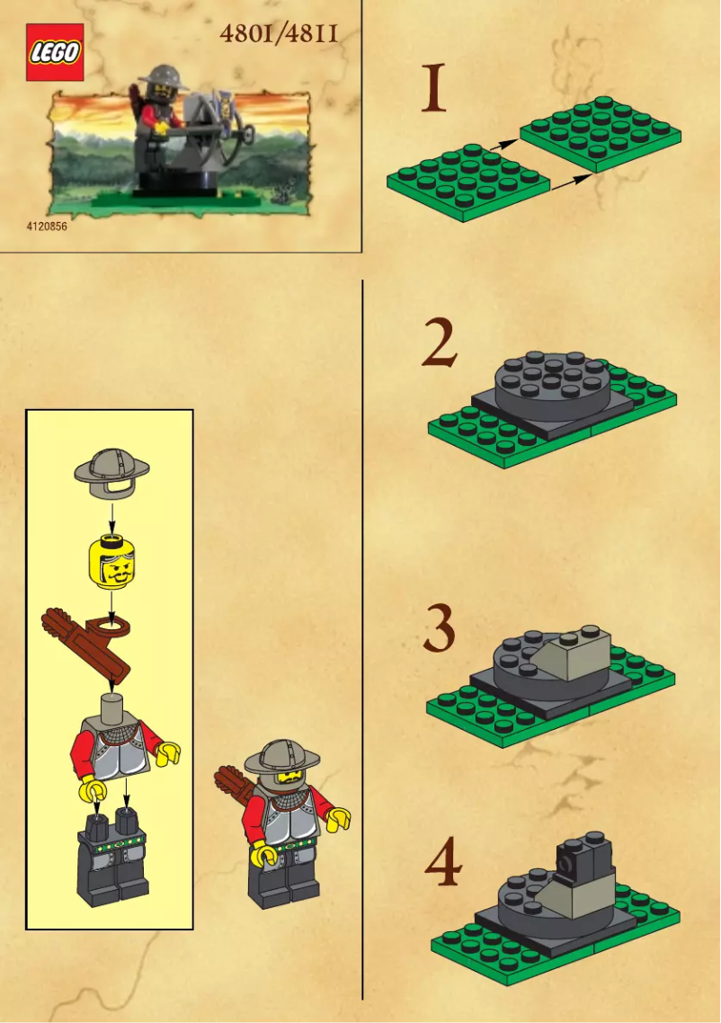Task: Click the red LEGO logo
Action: [x=54, y=52]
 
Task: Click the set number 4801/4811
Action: [x=279, y=34]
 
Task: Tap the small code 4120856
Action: [x=47, y=227]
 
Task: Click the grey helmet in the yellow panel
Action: [x=112, y=469]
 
